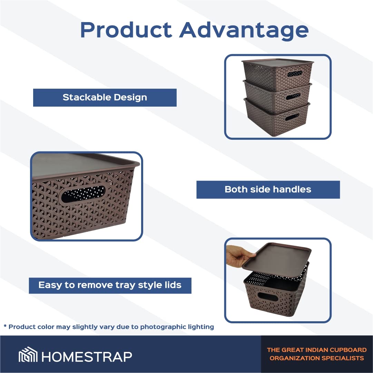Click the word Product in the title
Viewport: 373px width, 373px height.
pyautogui.click(x=126, y=30)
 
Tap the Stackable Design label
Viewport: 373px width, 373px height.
pyautogui.click(x=105, y=98)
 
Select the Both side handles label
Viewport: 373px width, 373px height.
pyautogui.click(x=268, y=189)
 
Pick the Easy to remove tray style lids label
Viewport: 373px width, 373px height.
pyautogui.click(x=110, y=285)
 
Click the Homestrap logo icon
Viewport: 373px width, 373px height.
pyautogui.click(x=28, y=354)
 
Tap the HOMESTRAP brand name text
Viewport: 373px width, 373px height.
pyautogui.click(x=87, y=356)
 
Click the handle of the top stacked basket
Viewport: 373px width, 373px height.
pyautogui.click(x=295, y=74)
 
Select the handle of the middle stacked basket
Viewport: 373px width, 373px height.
pyautogui.click(x=293, y=96)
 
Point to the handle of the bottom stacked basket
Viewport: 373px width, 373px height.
pyautogui.click(x=292, y=117)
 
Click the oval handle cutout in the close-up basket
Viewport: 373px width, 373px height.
pyautogui.click(x=83, y=194)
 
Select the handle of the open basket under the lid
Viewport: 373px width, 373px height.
pyautogui.click(x=268, y=297)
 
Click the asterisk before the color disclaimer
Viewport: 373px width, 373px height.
pyautogui.click(x=5, y=326)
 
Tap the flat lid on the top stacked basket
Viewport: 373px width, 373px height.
pyautogui.click(x=278, y=62)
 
